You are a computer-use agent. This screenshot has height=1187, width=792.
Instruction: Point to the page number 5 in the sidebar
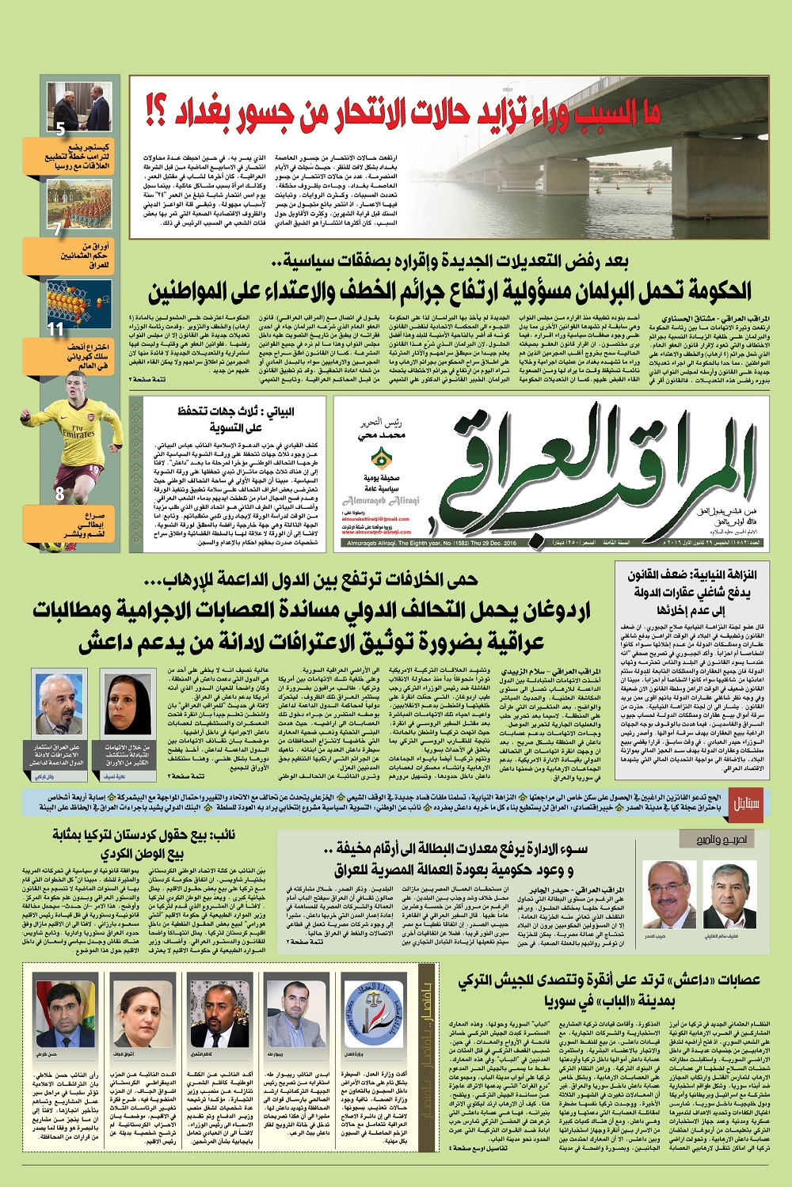pos(59,127)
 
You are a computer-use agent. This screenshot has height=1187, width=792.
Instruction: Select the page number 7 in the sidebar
pos(57,229)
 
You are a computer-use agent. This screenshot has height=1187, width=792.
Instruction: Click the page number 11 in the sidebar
pos(55,328)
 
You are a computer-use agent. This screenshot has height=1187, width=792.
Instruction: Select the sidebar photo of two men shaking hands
pos(79,107)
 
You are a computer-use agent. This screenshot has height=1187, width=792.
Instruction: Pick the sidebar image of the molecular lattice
pos(79,305)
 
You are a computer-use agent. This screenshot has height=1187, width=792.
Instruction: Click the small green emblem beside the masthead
pos(383,457)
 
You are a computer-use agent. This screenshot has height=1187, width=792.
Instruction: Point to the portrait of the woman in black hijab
pos(127,704)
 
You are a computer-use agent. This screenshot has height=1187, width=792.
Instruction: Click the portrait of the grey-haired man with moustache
pos(60,704)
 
